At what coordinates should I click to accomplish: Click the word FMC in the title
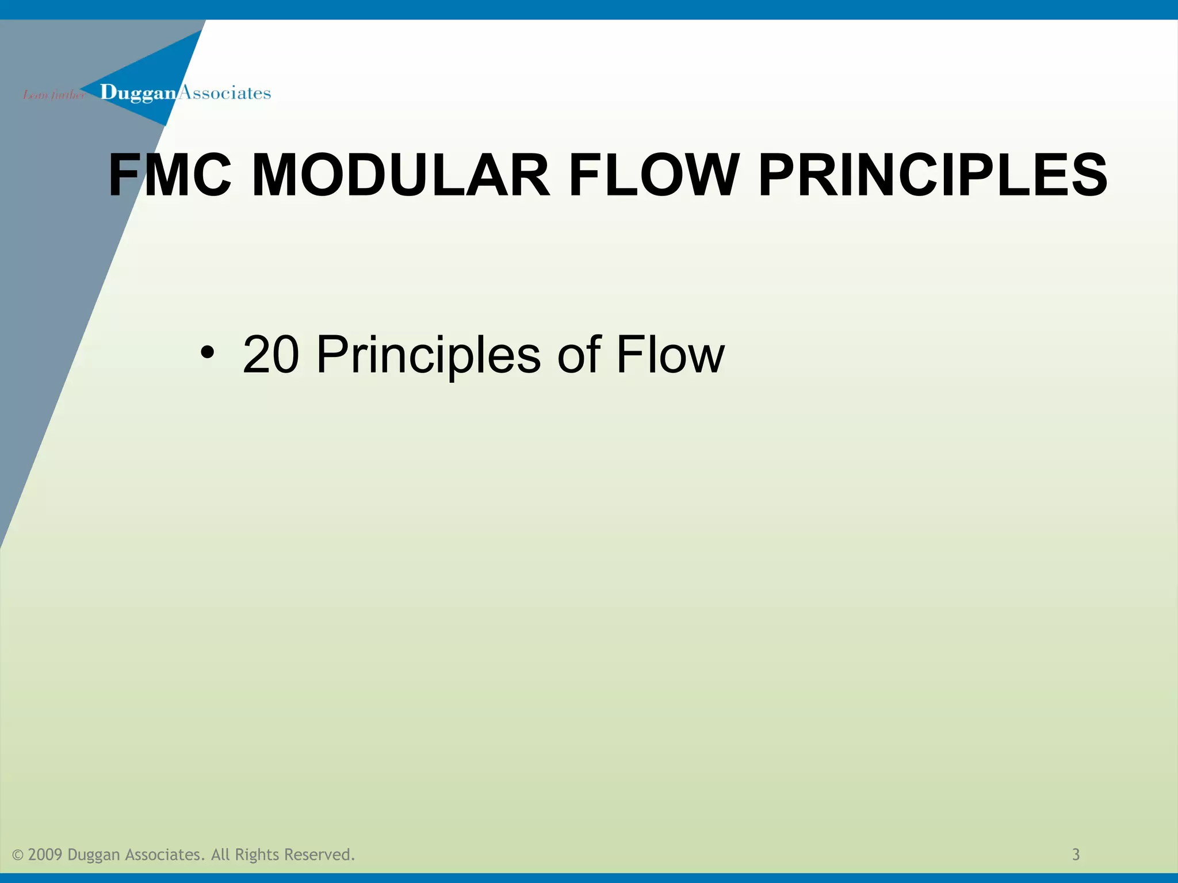(170, 175)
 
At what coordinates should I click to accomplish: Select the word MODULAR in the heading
(401, 175)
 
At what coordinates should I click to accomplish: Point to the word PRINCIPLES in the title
(932, 175)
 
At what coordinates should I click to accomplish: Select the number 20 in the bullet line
(271, 355)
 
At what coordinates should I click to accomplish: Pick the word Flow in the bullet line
(670, 355)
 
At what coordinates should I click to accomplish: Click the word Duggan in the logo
(138, 93)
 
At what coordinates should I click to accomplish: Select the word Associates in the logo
(225, 93)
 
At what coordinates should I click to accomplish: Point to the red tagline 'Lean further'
(53, 95)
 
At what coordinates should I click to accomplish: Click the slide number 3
(1076, 855)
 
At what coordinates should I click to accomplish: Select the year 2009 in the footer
(45, 855)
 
